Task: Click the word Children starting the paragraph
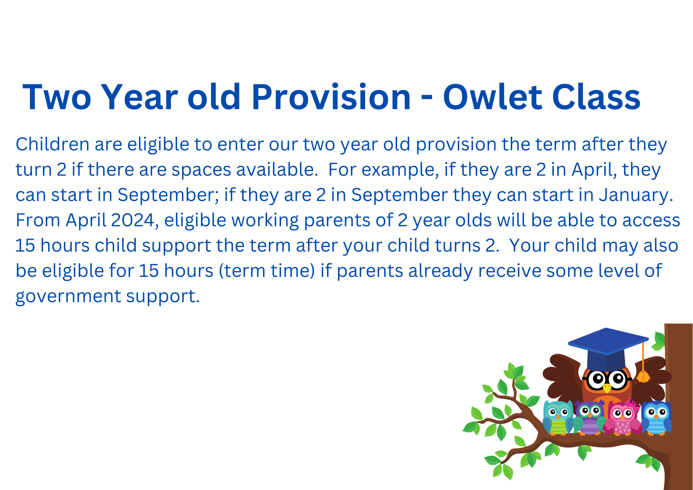click(53, 144)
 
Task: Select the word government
click(69, 297)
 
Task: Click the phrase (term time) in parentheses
click(267, 271)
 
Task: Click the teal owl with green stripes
click(558, 418)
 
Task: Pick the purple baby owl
click(589, 418)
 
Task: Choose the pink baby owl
click(623, 418)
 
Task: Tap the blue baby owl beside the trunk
click(656, 418)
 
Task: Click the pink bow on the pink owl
click(633, 405)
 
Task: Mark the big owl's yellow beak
click(607, 388)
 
